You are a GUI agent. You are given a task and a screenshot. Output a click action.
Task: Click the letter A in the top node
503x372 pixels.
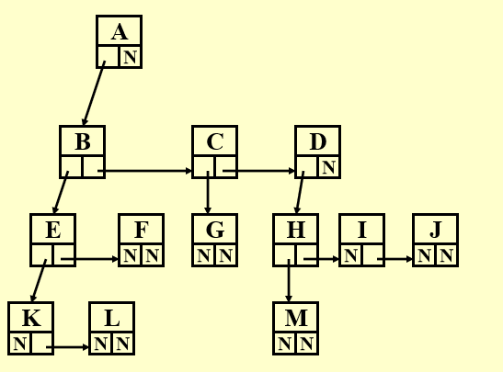pyautogui.click(x=119, y=32)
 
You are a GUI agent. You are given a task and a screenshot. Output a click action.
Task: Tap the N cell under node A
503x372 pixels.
pyautogui.click(x=130, y=57)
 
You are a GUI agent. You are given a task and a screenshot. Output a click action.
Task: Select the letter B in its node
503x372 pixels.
pyautogui.click(x=82, y=141)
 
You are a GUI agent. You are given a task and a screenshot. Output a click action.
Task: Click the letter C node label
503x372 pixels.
pyautogui.click(x=214, y=141)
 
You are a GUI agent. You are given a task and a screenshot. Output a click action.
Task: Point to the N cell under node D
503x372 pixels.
pyautogui.click(x=328, y=167)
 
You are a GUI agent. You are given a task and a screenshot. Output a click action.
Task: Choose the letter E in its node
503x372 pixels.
pyautogui.click(x=52, y=230)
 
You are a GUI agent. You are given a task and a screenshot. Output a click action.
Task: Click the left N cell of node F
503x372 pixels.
pyautogui.click(x=130, y=255)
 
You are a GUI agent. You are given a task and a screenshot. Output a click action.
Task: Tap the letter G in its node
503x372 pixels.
pyautogui.click(x=214, y=230)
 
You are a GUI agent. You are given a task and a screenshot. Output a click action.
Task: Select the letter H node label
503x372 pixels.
pyautogui.click(x=295, y=230)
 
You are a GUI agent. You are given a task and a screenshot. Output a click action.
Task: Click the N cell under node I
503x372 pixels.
pyautogui.click(x=350, y=255)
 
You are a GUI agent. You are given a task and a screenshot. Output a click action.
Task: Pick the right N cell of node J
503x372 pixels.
pyautogui.click(x=446, y=255)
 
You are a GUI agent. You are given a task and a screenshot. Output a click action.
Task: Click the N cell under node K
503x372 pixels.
pyautogui.click(x=19, y=344)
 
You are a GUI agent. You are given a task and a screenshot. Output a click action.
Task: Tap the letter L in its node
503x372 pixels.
pyautogui.click(x=111, y=318)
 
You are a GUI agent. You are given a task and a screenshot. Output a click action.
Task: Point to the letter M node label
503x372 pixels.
pyautogui.click(x=295, y=318)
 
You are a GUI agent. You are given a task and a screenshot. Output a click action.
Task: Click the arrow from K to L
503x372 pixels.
pyautogui.click(x=68, y=347)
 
